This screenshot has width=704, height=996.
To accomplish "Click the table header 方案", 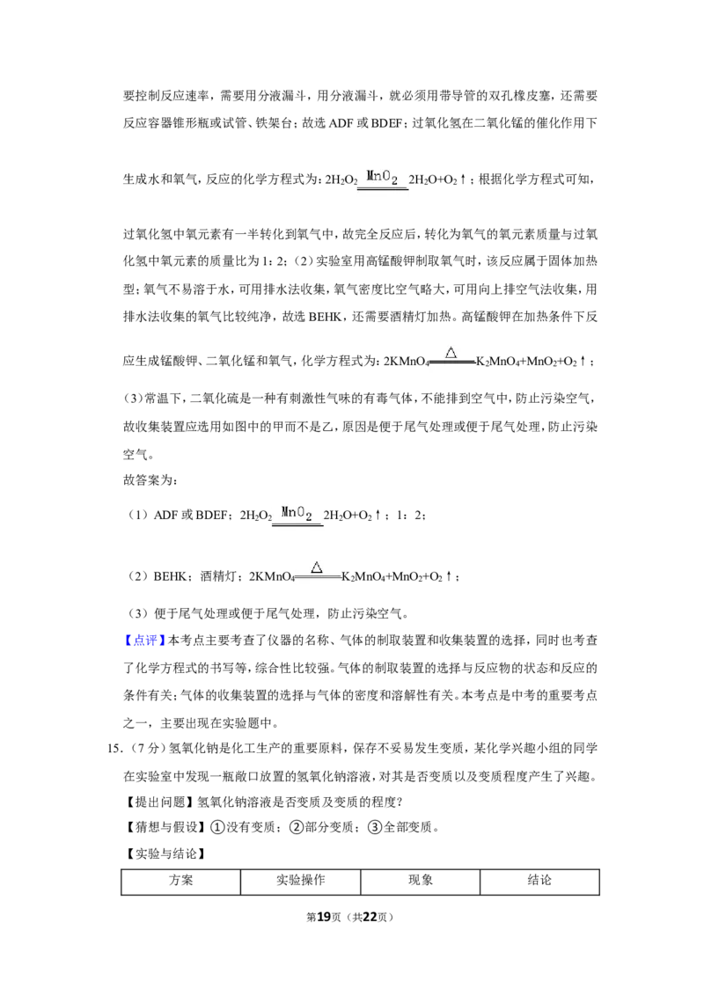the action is [181, 881].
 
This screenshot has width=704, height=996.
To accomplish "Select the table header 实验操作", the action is [301, 881].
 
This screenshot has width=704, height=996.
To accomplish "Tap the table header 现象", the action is [421, 881].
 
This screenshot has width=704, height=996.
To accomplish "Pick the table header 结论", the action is [539, 881].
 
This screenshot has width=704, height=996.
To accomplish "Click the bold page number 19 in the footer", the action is [324, 917].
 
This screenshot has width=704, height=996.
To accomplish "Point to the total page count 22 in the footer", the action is [370, 917].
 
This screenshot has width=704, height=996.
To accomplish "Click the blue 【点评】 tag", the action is [145, 641].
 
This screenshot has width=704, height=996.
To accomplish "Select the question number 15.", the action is [114, 748].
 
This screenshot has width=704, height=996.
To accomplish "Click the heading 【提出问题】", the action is [159, 802].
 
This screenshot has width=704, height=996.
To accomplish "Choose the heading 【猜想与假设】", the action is [165, 827].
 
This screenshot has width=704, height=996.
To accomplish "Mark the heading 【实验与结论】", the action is [165, 853].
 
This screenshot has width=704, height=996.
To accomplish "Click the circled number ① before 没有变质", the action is [217, 827].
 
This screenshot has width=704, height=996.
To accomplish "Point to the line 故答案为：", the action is [150, 480].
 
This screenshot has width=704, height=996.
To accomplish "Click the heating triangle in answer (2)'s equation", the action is [317, 568].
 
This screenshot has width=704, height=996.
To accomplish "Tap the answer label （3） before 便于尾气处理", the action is [138, 613].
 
